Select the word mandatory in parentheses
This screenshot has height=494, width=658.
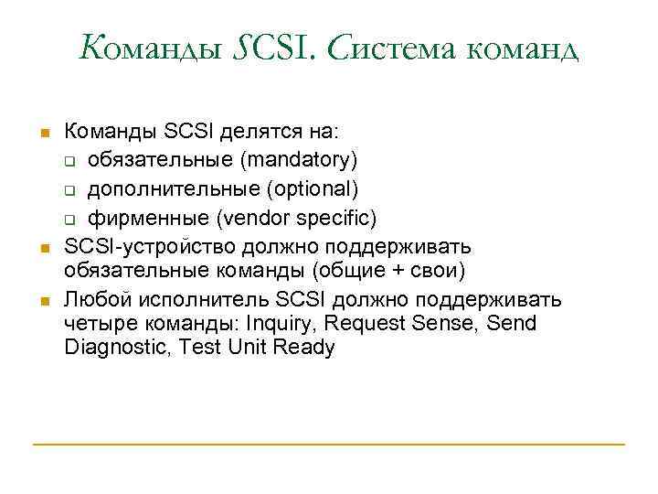pos(296,160)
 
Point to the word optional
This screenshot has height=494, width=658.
pos(319,188)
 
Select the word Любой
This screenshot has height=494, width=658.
pos(93,299)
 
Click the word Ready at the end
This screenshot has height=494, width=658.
pos(303,348)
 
